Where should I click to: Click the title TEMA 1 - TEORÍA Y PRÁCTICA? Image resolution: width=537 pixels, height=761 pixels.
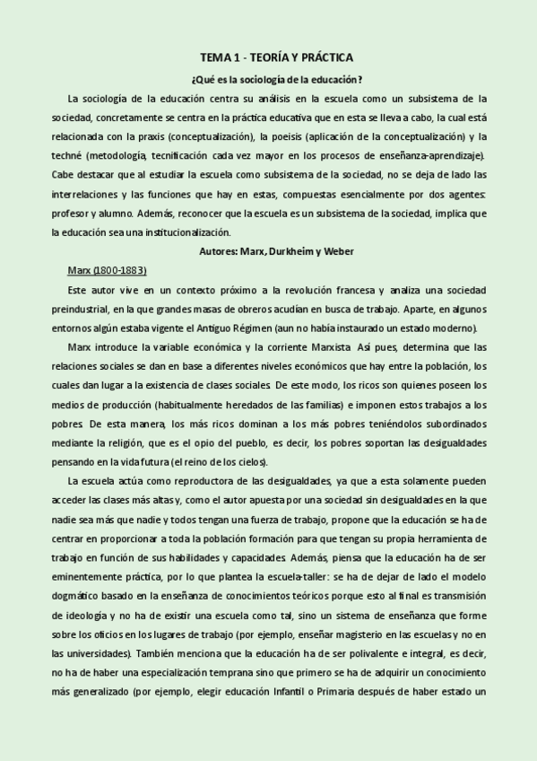(x=276, y=57)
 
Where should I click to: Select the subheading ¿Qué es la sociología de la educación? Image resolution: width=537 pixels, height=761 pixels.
(x=276, y=79)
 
